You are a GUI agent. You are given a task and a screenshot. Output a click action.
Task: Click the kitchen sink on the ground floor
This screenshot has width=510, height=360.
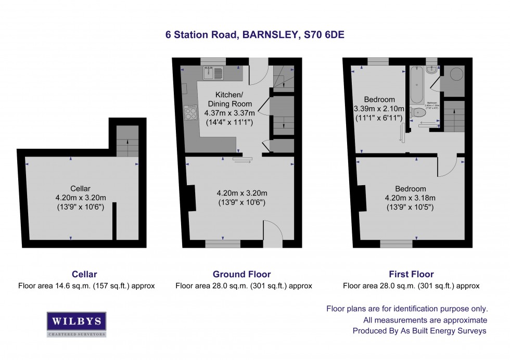pos(214,73)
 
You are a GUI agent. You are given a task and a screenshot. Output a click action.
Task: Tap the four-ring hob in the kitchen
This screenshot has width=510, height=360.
pos(190,113)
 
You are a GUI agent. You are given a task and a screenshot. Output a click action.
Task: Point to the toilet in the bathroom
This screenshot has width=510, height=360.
pos(419,112)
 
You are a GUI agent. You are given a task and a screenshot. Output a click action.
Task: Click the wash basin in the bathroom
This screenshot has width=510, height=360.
pos(431,69)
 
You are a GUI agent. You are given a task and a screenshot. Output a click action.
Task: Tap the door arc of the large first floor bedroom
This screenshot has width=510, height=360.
pos(447,166)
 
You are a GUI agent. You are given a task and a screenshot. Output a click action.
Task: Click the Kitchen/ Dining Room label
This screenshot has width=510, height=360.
pos(229,99)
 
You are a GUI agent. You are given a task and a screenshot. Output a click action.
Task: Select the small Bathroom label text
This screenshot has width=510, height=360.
pos(432,102)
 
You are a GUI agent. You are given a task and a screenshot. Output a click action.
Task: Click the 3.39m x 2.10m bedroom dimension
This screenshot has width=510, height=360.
pos(379,109)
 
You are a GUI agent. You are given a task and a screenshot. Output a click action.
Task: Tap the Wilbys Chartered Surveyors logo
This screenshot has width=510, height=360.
pos(76,324)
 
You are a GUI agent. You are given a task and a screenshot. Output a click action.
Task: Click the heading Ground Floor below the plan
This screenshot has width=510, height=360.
pos(241,274)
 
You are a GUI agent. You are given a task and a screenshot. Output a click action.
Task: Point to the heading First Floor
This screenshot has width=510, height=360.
pos(411,274)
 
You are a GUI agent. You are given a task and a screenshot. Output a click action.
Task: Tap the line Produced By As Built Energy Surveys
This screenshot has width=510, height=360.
pos(419,331)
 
